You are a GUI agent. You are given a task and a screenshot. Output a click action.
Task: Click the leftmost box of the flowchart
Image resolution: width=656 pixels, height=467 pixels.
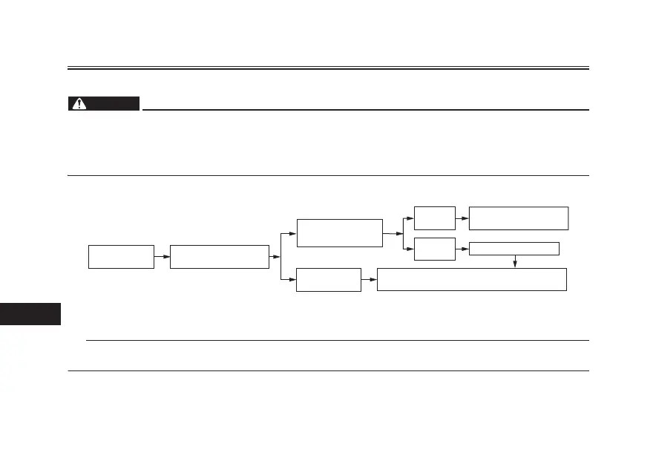tap(121, 256)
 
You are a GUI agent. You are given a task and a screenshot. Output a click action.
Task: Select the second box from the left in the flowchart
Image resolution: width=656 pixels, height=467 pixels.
tap(219, 256)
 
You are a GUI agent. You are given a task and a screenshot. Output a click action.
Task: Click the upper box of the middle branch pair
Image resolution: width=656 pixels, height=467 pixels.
tap(339, 232)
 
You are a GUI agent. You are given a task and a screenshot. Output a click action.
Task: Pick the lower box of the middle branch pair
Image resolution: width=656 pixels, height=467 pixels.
tap(328, 280)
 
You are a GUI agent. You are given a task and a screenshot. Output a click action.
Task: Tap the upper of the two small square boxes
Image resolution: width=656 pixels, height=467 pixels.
tap(434, 218)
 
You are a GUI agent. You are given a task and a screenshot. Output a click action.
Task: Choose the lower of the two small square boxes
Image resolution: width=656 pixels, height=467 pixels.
tap(434, 249)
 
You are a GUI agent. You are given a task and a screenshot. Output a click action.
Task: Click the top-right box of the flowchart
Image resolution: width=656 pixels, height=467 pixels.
tap(518, 218)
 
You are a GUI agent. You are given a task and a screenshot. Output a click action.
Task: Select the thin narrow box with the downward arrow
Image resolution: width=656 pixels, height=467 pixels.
tap(514, 249)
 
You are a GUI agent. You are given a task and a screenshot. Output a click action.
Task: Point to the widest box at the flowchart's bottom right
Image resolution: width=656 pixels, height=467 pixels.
tap(471, 279)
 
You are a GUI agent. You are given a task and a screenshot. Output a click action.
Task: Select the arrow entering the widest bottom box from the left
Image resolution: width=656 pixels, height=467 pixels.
tap(370, 280)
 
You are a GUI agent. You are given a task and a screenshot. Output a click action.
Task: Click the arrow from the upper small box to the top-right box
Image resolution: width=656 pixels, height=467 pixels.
tap(462, 218)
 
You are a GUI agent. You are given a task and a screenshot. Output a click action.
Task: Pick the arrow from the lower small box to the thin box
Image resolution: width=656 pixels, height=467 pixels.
tap(462, 249)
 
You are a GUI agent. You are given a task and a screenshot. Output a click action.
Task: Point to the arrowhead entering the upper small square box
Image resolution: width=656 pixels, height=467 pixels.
tap(410, 218)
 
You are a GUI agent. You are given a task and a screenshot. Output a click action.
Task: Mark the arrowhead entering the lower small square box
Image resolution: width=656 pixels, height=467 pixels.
tap(410, 249)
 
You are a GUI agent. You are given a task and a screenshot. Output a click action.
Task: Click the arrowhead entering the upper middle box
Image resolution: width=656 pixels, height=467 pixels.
tap(292, 232)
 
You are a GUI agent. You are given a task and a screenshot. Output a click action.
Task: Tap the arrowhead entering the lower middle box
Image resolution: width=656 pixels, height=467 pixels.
tap(292, 280)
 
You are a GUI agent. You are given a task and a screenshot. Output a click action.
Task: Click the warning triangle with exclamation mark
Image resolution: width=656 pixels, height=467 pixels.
tap(79, 104)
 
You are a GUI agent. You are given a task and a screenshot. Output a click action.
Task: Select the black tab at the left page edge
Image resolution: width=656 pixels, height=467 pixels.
tap(30, 313)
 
